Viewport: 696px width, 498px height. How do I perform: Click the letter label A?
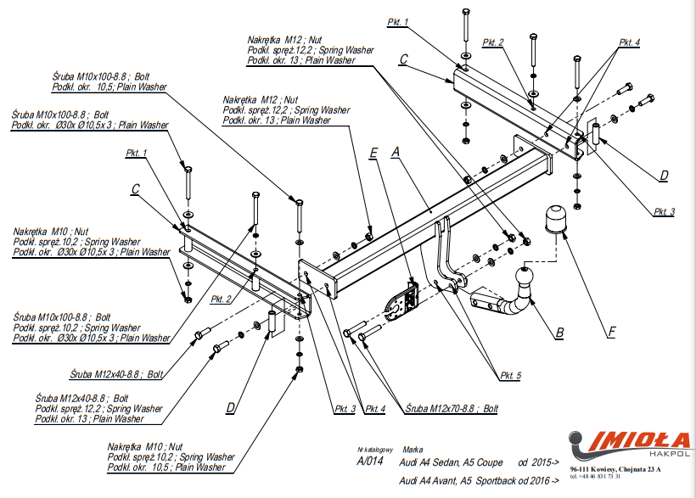395,154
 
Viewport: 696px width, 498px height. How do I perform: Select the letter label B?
559,333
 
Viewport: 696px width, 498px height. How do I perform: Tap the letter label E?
373,154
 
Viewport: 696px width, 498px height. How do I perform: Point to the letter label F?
611,333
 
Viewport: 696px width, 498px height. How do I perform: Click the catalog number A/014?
370,462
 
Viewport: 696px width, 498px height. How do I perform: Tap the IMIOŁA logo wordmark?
632,440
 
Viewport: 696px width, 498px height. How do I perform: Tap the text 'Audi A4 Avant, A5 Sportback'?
463,481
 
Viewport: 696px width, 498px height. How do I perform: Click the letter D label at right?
664,176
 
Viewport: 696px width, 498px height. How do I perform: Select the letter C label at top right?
403,59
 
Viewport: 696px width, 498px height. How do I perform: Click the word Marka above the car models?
413,450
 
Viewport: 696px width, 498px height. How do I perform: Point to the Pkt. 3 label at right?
664,211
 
